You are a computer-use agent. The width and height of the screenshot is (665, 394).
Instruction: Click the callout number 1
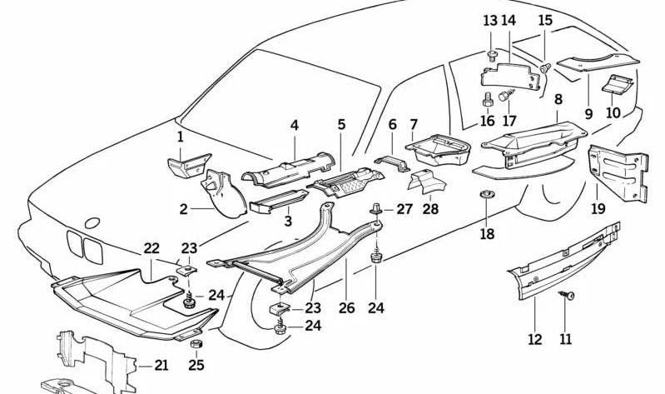[180, 136]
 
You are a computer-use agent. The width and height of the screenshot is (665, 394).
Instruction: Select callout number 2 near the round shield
[183, 210]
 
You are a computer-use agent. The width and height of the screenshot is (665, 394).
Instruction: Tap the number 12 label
[534, 339]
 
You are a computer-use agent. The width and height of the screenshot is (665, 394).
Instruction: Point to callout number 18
[488, 235]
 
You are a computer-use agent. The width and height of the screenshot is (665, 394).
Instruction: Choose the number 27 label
[404, 209]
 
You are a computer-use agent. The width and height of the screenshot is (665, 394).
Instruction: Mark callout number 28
[429, 209]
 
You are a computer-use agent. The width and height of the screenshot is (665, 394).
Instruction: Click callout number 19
[598, 208]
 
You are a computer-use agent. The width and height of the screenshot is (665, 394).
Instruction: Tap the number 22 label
[151, 248]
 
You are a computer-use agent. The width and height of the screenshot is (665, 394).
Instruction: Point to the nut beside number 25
[196, 344]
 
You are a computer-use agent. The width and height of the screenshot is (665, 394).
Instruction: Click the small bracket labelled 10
[617, 84]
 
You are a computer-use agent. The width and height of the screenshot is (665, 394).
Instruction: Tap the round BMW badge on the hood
[92, 222]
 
